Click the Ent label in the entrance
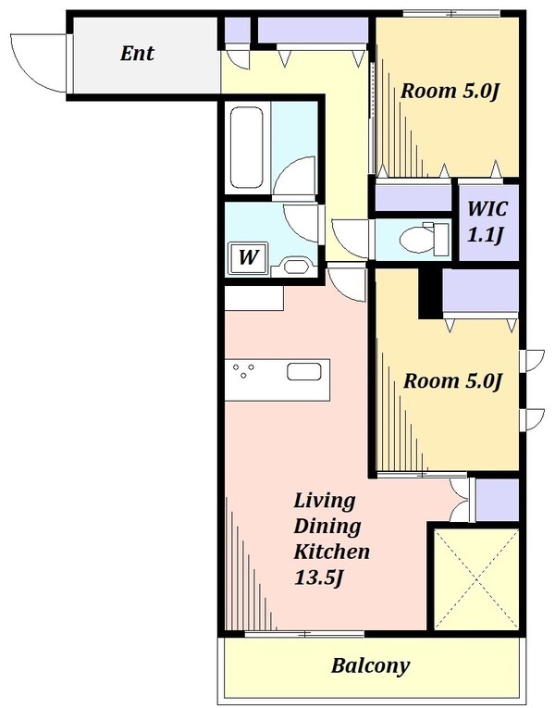click(x=137, y=54)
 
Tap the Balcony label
click(x=370, y=665)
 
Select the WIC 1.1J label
click(x=487, y=222)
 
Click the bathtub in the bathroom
click(x=246, y=147)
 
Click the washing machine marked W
click(x=248, y=258)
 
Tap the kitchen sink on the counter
click(x=304, y=371)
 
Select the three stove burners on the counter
click(x=243, y=371)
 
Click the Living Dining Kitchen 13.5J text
click(x=332, y=540)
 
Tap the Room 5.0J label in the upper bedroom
click(x=450, y=92)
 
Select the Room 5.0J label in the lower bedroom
click(x=452, y=381)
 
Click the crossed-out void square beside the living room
click(x=475, y=579)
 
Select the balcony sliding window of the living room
click(x=304, y=634)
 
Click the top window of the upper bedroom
click(x=451, y=14)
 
